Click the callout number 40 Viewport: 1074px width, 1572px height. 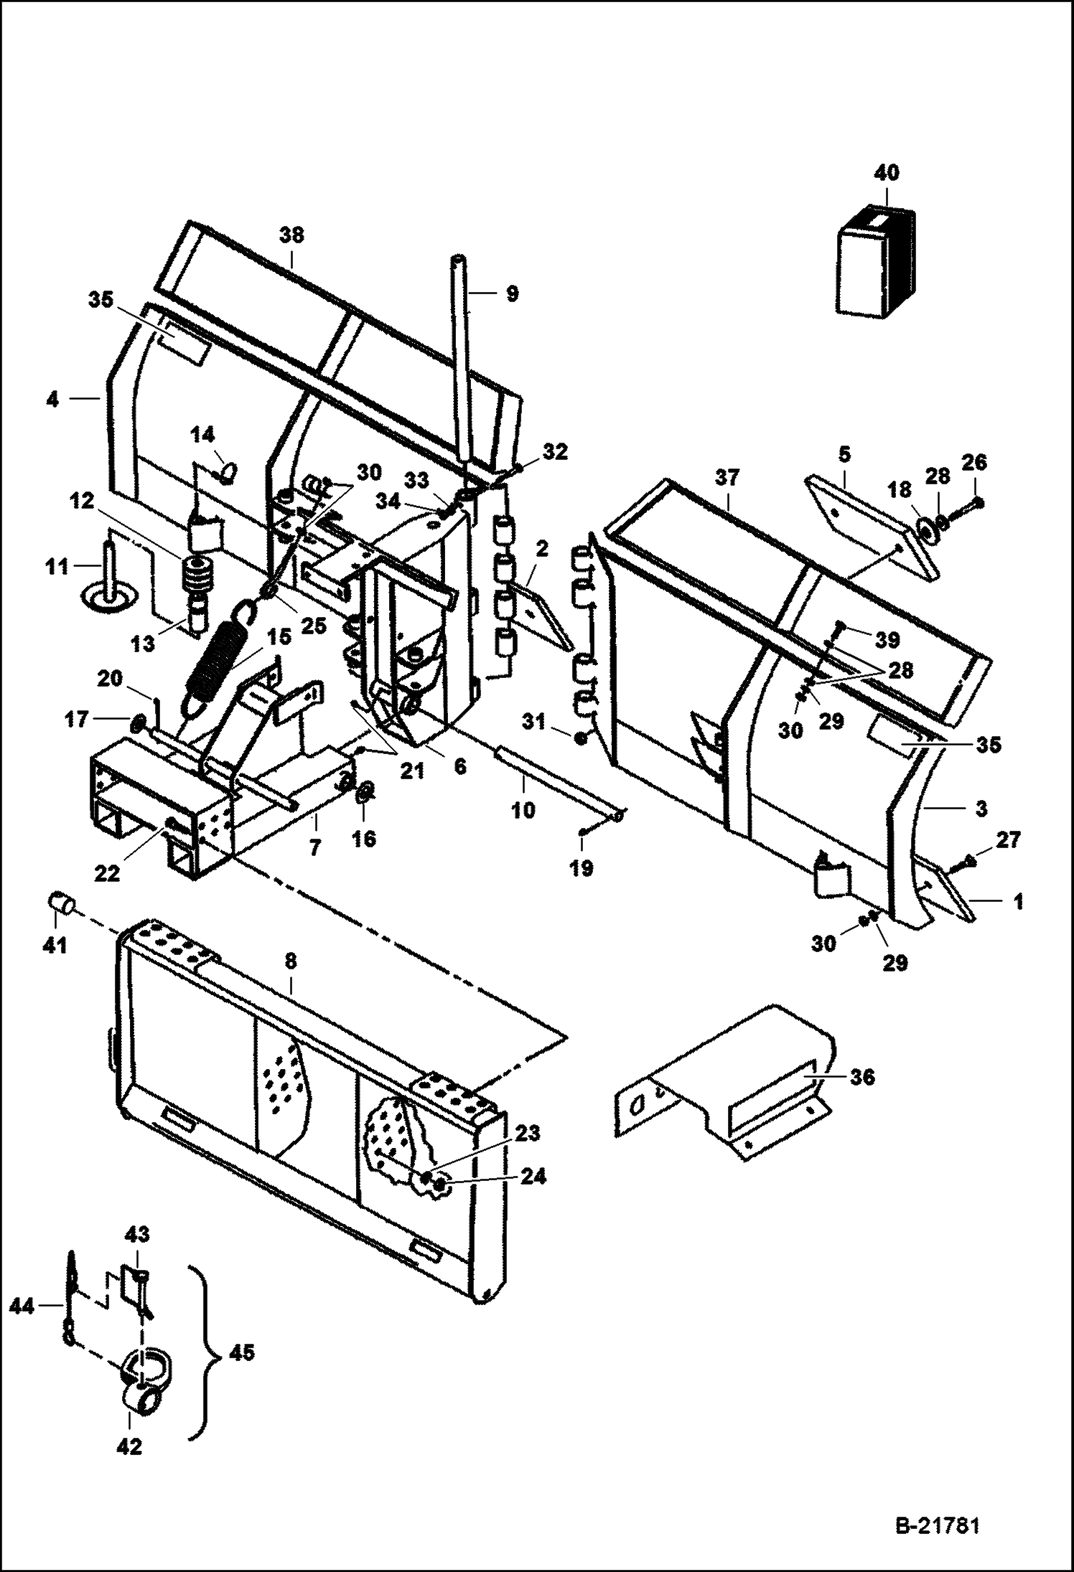pyautogui.click(x=887, y=174)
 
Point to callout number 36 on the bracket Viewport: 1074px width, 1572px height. pyautogui.click(x=861, y=1077)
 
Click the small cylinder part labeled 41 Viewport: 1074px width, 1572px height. pyautogui.click(x=62, y=903)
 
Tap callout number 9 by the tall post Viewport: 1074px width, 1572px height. pyautogui.click(x=511, y=293)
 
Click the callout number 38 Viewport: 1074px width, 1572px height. pyautogui.click(x=291, y=235)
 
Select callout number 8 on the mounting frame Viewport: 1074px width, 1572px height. pyautogui.click(x=290, y=962)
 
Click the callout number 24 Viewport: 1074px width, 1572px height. pyautogui.click(x=531, y=1177)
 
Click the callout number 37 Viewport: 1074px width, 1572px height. pyautogui.click(x=727, y=477)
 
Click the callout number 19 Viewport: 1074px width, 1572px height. pyautogui.click(x=582, y=869)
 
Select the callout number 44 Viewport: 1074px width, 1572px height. pyautogui.click(x=22, y=1307)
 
